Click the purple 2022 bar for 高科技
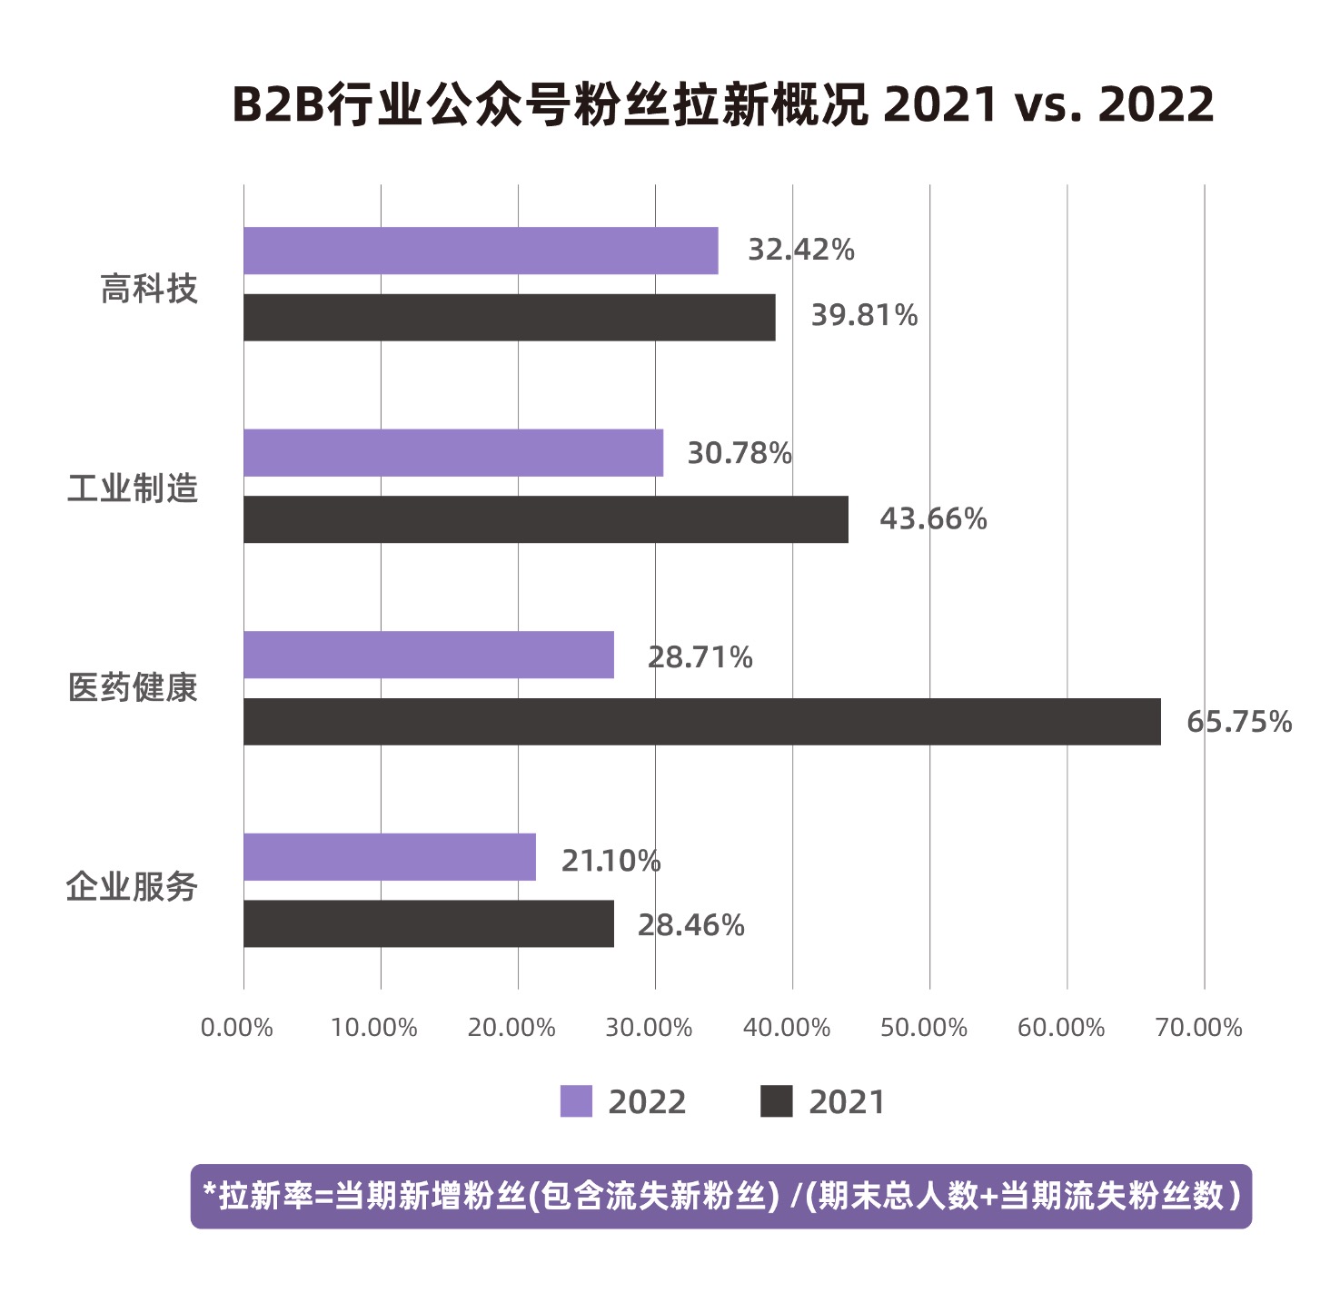(x=481, y=251)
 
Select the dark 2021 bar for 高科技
(x=509, y=318)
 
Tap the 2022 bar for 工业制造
(x=453, y=453)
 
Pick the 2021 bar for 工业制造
(x=545, y=519)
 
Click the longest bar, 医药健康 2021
(x=701, y=722)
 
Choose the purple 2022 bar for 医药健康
(x=429, y=655)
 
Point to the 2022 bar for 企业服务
(x=390, y=857)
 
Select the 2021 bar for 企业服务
(x=429, y=924)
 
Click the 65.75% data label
(x=1238, y=722)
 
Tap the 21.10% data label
(x=610, y=861)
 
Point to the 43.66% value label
(x=933, y=519)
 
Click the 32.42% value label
(x=800, y=250)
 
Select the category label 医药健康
(x=133, y=687)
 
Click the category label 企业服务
(x=133, y=887)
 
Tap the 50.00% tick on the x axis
(x=923, y=1028)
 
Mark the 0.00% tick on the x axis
(x=236, y=1028)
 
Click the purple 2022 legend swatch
(x=576, y=1101)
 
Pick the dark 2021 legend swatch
(x=776, y=1101)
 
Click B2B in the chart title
(x=278, y=104)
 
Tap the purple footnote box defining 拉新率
(x=720, y=1197)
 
